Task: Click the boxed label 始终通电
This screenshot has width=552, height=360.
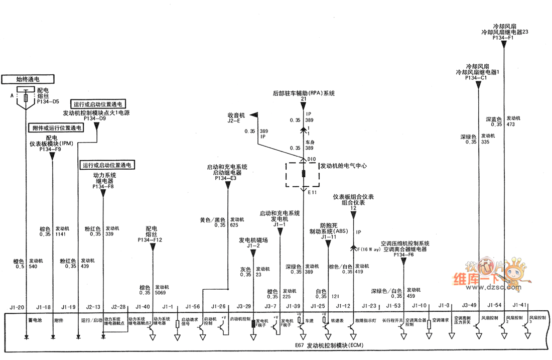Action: tap(28, 79)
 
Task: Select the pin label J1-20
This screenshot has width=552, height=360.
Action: tap(17, 306)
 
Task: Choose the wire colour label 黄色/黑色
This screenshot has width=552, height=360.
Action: tap(212, 220)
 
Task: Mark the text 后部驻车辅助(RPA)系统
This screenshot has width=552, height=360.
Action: tap(304, 93)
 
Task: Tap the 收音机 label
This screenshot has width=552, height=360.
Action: tap(236, 115)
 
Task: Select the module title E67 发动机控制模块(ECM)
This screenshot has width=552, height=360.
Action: tap(328, 346)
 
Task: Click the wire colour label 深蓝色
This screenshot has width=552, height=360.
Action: tap(494, 119)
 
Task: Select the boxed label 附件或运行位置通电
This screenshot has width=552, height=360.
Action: tap(56, 128)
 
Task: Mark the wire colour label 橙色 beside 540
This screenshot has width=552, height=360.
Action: tap(19, 261)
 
